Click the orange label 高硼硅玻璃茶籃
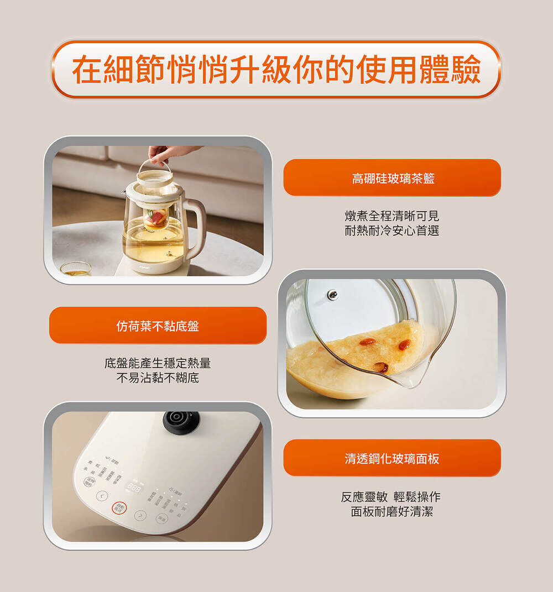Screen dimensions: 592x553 pos(392,178)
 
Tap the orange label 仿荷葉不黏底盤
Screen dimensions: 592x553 pos(158,326)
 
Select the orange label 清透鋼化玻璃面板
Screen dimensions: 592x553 pos(392,458)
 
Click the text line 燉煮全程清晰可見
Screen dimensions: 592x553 pos(392,216)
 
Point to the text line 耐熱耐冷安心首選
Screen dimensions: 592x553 pos(392,231)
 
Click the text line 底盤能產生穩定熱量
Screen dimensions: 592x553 pos(158,364)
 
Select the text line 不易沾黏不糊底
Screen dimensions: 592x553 pos(158,379)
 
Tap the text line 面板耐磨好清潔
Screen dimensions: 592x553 pos(392,512)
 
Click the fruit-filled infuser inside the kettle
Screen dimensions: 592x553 pos(156,217)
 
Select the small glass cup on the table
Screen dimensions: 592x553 pos(76,269)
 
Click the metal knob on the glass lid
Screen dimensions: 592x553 pos(332,295)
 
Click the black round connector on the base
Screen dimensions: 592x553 pos(181,421)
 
